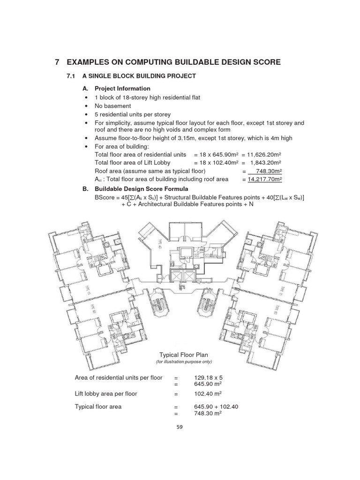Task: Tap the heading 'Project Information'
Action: pos(122,89)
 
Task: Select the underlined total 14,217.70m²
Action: pos(265,180)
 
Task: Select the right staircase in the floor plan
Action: pos(206,307)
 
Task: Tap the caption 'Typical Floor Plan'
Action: pos(184,355)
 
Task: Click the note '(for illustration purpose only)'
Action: pos(184,362)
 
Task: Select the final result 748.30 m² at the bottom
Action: pos(208,413)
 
